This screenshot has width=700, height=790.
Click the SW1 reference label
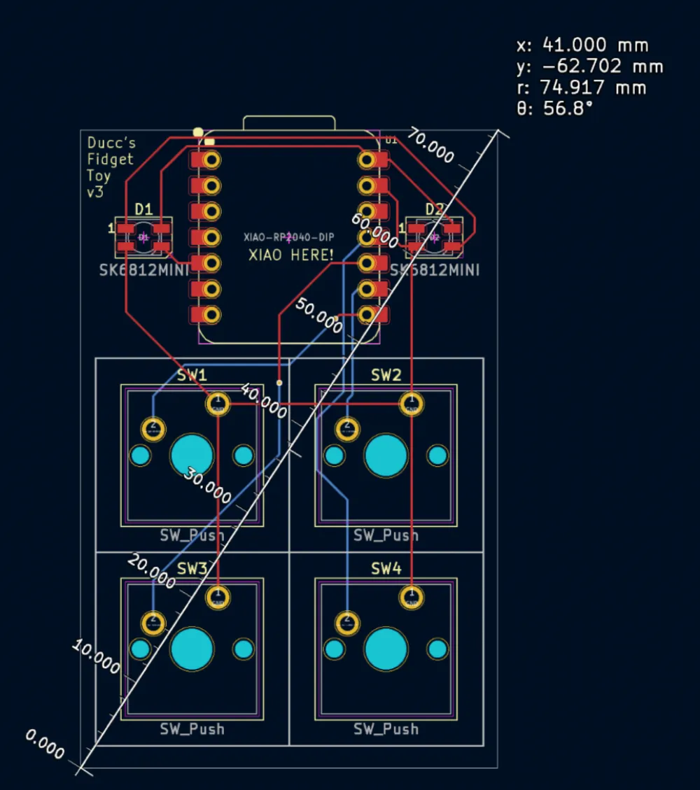coord(192,376)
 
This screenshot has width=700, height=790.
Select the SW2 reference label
coord(386,376)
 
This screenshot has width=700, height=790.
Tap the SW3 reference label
coord(192,569)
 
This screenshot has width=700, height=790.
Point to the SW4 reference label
coord(386,569)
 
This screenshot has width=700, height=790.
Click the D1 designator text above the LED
coord(143,209)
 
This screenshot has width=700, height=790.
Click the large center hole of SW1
coord(192,455)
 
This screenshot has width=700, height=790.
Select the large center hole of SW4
coord(386,649)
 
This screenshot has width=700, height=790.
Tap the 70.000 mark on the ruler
coord(431,146)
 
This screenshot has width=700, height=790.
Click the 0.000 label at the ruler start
coord(45,744)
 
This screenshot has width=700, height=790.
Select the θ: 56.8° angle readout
coord(554,108)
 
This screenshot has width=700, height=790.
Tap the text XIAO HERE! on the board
coord(291,255)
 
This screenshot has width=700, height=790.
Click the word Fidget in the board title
coord(110,159)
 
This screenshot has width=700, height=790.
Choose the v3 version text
coord(94,191)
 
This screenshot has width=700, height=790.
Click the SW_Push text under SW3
coord(192,729)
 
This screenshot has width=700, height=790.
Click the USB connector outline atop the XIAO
coord(289,122)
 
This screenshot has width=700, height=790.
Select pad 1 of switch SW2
coord(411,404)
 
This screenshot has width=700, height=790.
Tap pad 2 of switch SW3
coord(153,621)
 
